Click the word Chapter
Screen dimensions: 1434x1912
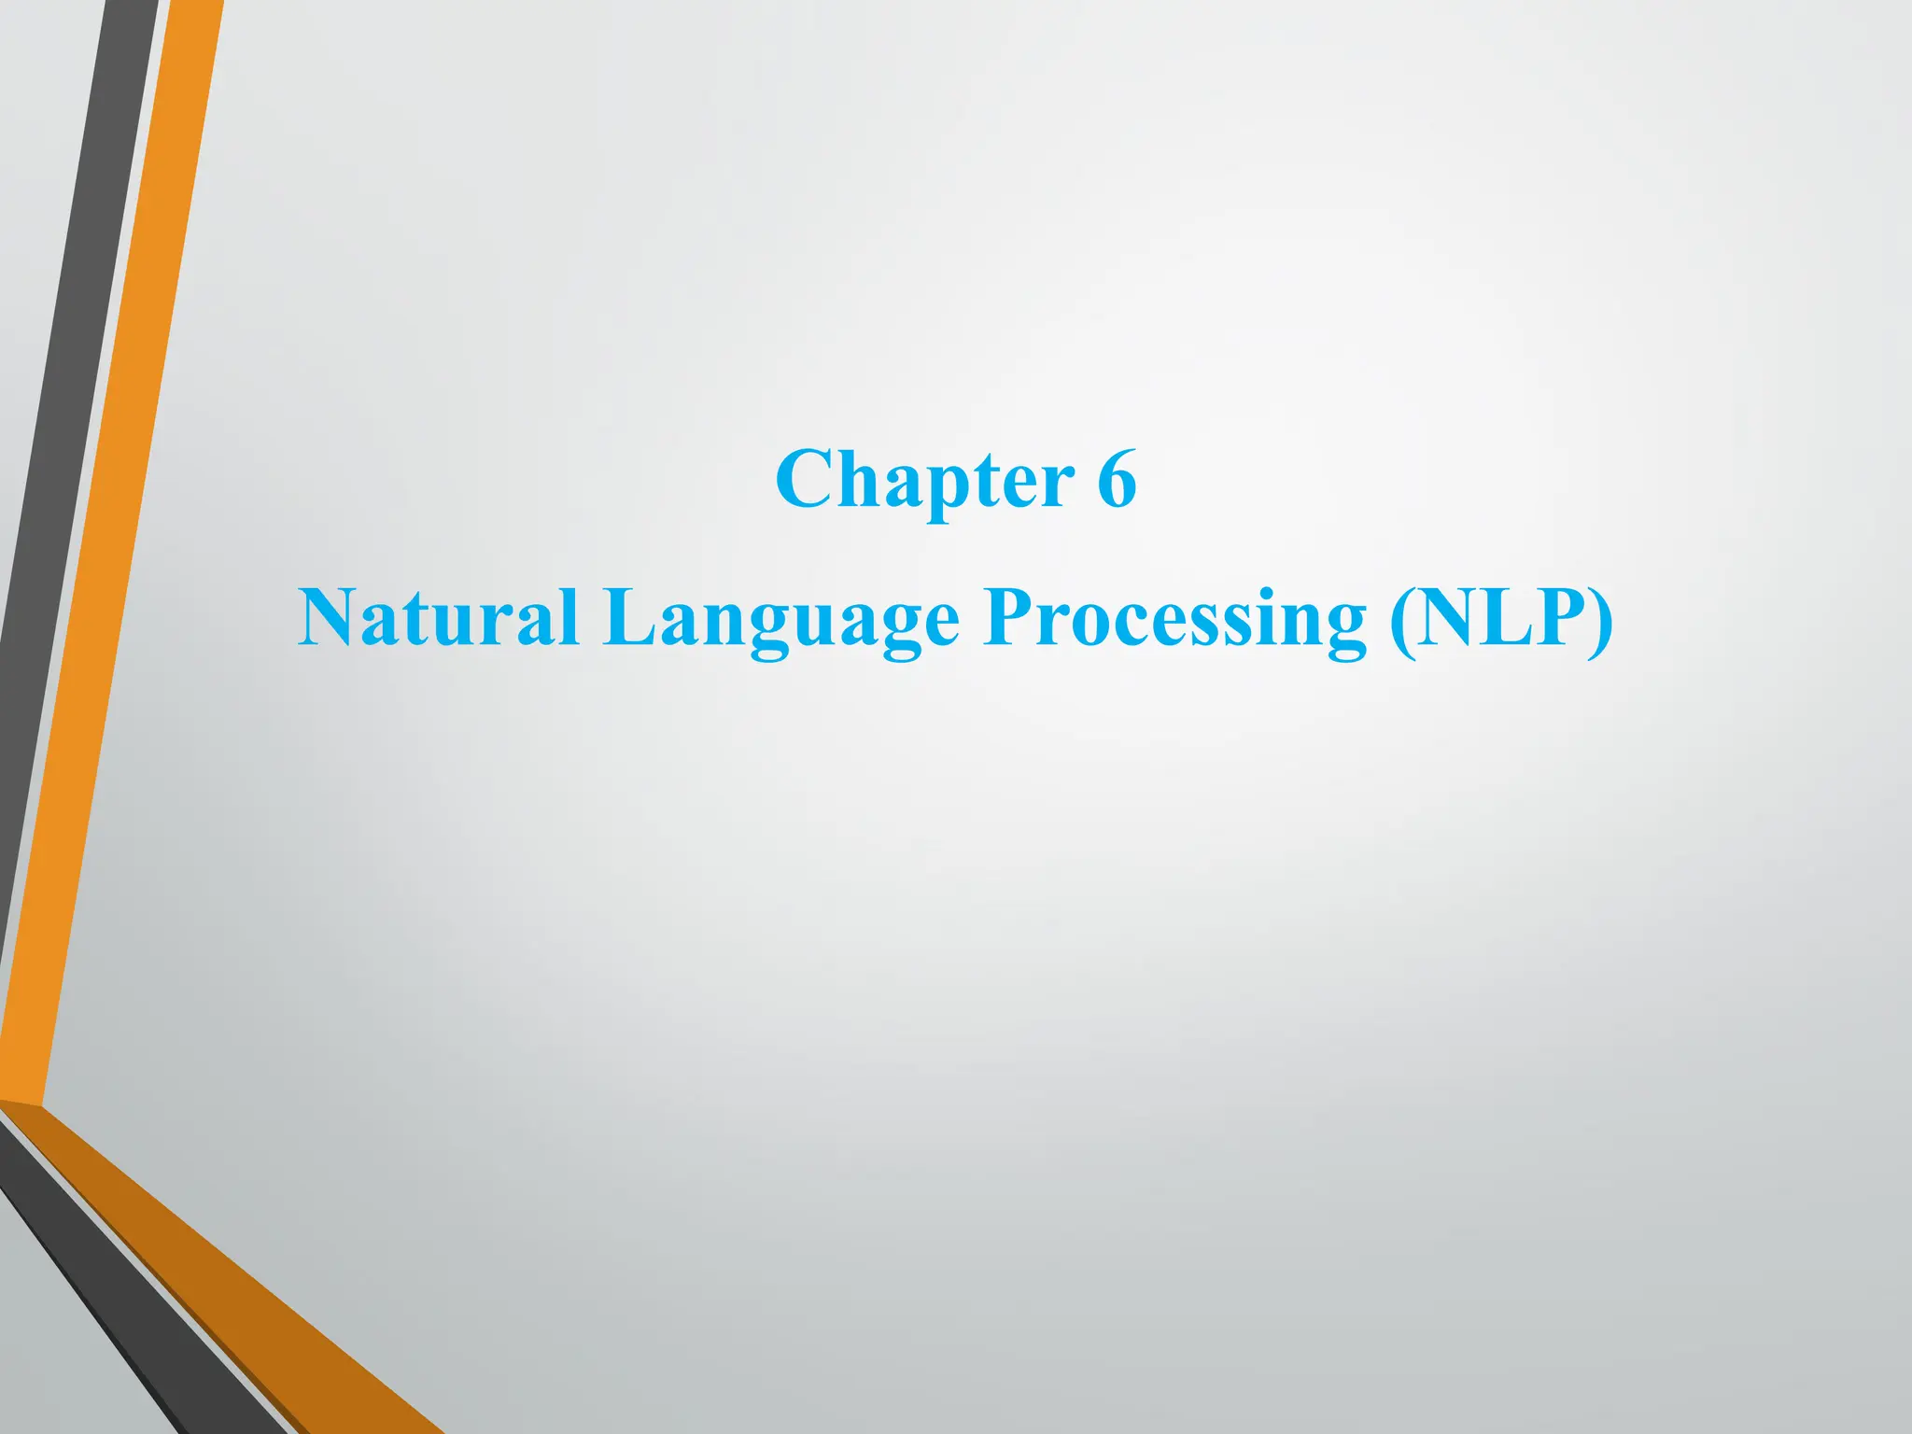tap(924, 481)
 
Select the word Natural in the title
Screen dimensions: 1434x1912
tap(438, 618)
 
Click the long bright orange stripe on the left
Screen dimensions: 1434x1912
tap(112, 560)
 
